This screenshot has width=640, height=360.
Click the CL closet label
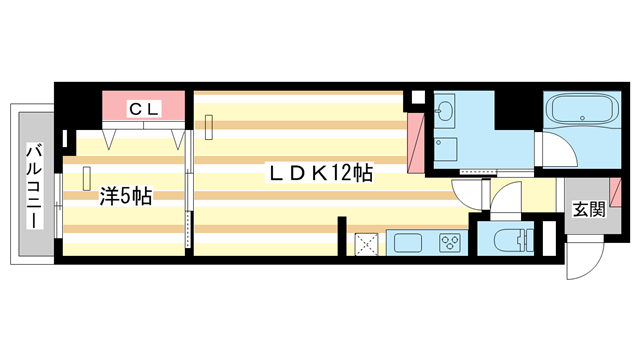(145, 106)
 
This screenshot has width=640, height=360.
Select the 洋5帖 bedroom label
(125, 197)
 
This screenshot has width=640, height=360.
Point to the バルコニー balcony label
(34, 185)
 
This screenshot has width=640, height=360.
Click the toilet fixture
(508, 240)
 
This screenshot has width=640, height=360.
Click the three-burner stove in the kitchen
(448, 243)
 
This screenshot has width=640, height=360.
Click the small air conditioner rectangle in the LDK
(211, 126)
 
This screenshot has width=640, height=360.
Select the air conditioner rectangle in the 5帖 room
(86, 177)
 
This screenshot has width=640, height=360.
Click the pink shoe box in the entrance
(615, 192)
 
